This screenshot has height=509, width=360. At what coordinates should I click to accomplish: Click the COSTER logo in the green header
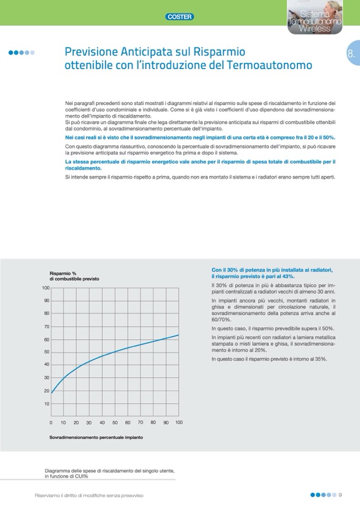pyautogui.click(x=180, y=16)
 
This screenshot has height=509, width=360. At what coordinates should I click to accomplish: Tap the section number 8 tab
pyautogui.click(x=351, y=54)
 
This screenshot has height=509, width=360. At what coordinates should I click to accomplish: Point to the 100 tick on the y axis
pyautogui.click(x=46, y=288)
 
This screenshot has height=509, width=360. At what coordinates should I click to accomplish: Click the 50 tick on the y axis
pyautogui.click(x=46, y=352)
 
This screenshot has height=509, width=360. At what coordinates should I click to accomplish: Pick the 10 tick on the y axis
pyautogui.click(x=46, y=404)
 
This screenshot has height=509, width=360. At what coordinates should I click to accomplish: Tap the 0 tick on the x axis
pyautogui.click(x=51, y=422)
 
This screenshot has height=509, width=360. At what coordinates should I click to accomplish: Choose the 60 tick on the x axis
pyautogui.click(x=127, y=422)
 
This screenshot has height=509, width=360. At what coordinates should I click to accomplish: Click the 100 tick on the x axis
pyautogui.click(x=178, y=422)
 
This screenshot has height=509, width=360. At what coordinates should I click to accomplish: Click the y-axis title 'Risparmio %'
pyautogui.click(x=63, y=273)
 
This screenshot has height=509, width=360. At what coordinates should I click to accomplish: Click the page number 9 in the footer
pyautogui.click(x=340, y=495)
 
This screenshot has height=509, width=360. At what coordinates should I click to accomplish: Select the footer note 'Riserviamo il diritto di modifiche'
pyautogui.click(x=89, y=495)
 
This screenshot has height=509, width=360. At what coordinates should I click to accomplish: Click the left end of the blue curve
pyautogui.click(x=52, y=392)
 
